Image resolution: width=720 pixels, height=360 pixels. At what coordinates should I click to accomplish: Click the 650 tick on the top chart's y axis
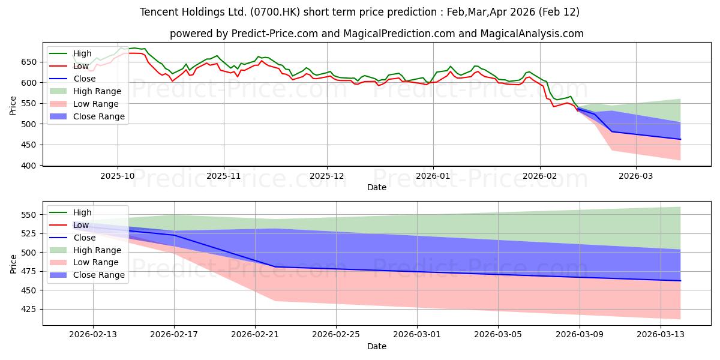30,62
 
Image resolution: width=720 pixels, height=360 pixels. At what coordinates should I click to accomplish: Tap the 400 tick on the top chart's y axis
30,166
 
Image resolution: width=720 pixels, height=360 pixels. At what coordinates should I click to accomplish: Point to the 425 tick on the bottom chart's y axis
30,309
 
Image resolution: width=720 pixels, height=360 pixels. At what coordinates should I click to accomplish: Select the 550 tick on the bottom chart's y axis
30,215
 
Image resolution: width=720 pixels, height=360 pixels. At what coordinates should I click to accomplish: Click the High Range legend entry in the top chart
98,91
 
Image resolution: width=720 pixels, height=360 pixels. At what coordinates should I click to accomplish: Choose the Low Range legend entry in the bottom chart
97,262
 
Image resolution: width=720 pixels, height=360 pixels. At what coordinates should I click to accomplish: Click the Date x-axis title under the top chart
376,188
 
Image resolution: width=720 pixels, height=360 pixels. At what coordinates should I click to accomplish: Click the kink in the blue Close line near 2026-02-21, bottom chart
275,266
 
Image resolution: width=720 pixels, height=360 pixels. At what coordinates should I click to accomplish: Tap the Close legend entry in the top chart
85,79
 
